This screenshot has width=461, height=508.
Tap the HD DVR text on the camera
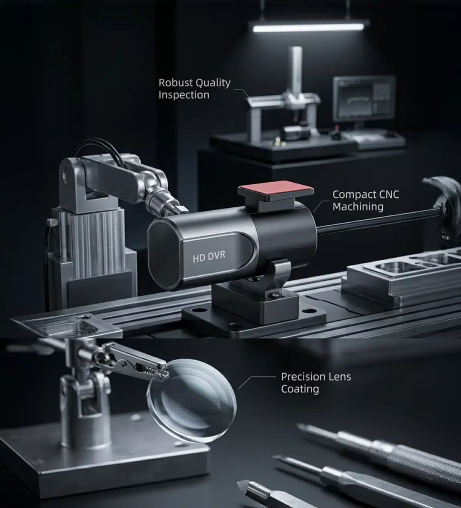209,256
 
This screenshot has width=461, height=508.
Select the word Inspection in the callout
184,95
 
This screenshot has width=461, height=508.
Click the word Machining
358,207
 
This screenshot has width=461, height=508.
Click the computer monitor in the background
364,98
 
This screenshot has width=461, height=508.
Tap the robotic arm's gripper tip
182,208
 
